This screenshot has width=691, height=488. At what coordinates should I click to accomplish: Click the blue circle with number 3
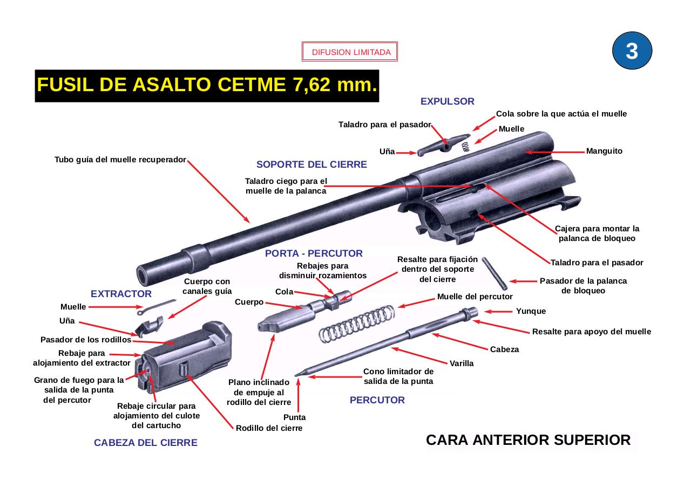tap(632, 51)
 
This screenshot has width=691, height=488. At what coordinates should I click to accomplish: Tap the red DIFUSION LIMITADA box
tap(350, 52)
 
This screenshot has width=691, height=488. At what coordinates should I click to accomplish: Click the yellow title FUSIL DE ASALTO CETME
tap(207, 85)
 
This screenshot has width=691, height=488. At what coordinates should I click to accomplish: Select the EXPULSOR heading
tap(447, 101)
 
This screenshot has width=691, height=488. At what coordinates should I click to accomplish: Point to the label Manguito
tap(604, 152)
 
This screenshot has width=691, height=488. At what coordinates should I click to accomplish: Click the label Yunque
tap(531, 311)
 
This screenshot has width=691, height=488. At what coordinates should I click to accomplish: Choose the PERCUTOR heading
tap(377, 400)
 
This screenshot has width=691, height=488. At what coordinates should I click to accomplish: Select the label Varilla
tap(462, 363)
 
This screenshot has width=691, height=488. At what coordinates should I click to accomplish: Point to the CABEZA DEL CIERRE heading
tap(146, 443)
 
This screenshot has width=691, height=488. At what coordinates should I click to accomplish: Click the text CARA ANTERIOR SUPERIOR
tap(528, 440)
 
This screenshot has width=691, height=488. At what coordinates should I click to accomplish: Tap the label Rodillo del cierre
tap(269, 428)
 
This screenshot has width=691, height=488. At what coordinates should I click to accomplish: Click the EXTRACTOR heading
tap(121, 294)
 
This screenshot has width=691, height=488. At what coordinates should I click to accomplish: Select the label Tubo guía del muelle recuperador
tap(120, 160)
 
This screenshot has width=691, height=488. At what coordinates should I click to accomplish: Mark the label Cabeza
tap(504, 349)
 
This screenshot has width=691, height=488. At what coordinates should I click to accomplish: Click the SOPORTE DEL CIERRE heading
tap(311, 165)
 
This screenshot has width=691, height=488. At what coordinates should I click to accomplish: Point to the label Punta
tap(294, 417)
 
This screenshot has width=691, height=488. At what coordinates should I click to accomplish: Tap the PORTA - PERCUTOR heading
tap(314, 253)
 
